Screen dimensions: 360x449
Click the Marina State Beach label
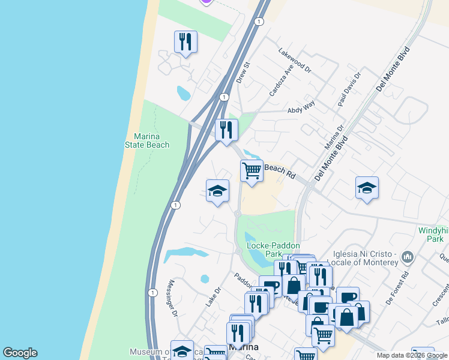point(147,140)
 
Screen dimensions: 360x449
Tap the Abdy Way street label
point(301,106)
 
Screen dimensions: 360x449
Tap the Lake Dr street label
point(213,296)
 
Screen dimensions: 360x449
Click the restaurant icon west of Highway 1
point(185,41)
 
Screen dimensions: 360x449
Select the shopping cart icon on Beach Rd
point(252,170)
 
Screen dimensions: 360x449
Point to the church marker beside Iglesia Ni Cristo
point(408,258)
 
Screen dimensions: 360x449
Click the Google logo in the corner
point(20,353)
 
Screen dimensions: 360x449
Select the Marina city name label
point(244,348)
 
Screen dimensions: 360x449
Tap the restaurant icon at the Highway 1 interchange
point(226,129)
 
